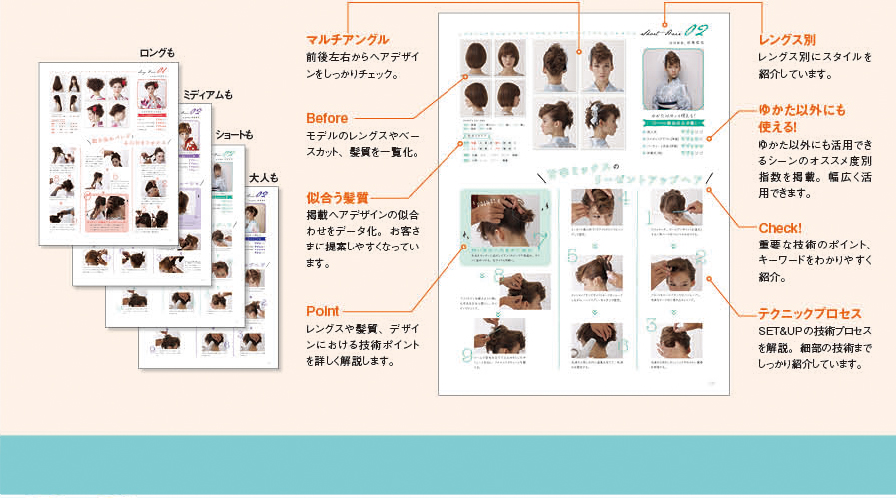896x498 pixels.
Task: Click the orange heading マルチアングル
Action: tap(347, 39)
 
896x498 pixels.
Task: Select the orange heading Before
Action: tap(327, 118)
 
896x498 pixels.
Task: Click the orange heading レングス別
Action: tap(787, 39)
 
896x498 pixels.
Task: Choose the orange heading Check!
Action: tap(779, 228)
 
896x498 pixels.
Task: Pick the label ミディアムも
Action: tap(206, 95)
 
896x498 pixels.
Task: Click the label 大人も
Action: tap(263, 178)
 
